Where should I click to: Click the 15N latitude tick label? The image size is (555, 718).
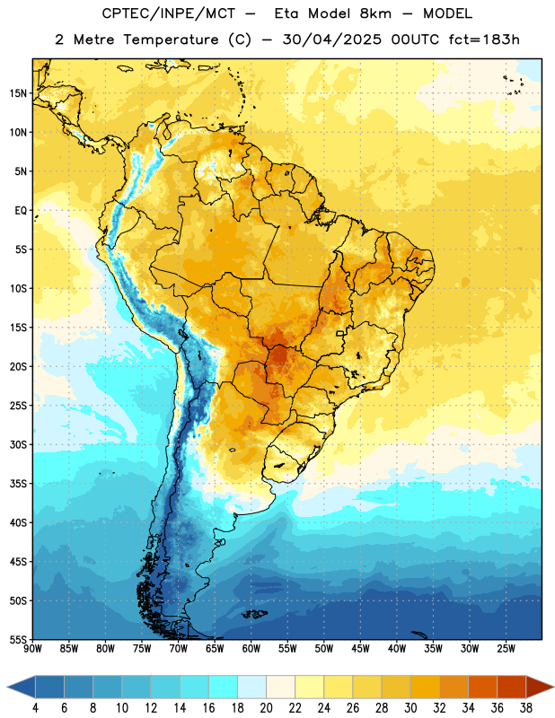[18, 93]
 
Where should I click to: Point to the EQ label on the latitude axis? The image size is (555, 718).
[21, 211]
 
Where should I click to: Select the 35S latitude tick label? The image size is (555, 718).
[18, 484]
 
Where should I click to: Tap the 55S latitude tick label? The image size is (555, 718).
[18, 639]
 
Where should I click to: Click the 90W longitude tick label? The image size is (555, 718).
[32, 649]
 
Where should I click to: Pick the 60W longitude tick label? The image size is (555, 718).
[251, 649]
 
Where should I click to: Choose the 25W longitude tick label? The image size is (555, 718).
[506, 649]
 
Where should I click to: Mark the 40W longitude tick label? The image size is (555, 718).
[397, 649]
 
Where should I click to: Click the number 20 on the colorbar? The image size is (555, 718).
[266, 708]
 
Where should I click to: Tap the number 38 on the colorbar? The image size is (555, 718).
[526, 708]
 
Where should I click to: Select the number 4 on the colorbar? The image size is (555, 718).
[35, 708]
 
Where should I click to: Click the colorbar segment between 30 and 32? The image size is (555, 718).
[425, 687]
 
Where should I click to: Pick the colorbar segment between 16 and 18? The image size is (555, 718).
[223, 687]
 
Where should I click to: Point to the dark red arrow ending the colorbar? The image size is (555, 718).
[540, 687]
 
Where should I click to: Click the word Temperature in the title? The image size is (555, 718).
[171, 39]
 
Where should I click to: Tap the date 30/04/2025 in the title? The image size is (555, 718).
[331, 39]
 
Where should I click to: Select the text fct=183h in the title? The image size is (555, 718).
[484, 39]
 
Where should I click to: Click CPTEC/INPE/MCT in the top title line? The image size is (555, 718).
[168, 13]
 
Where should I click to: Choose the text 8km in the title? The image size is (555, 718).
[375, 13]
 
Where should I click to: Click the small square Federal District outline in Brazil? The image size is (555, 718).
[340, 334]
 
